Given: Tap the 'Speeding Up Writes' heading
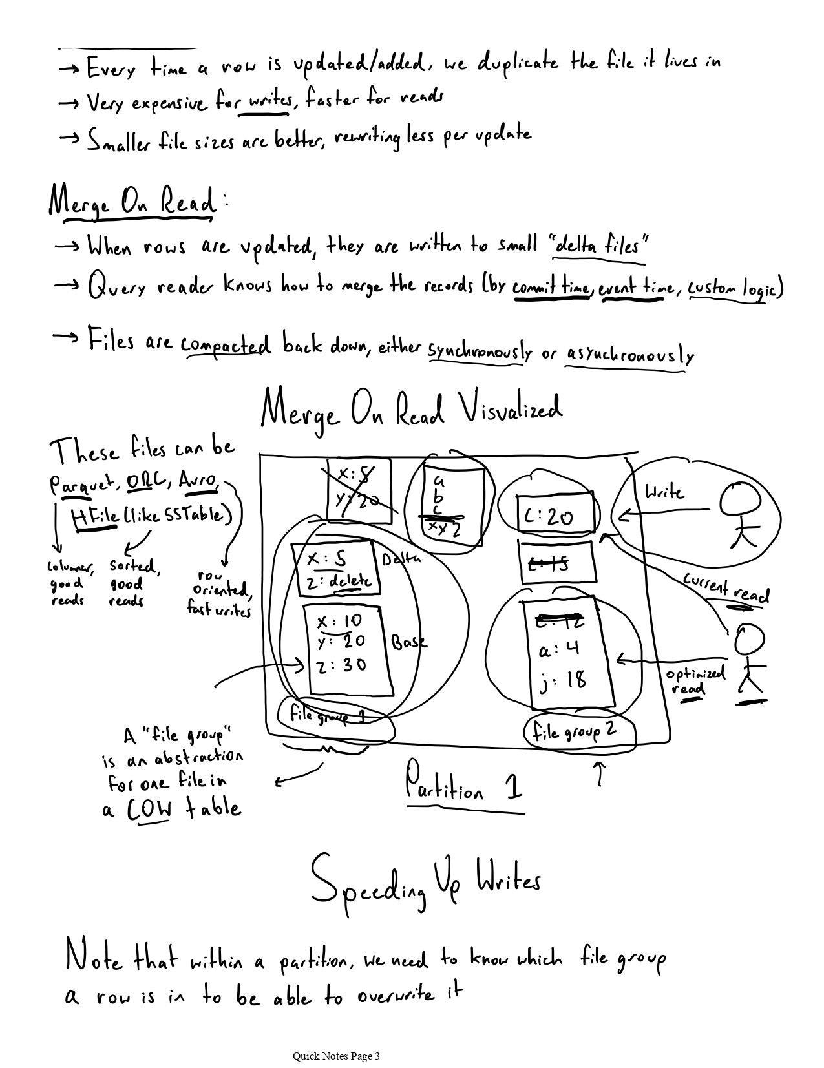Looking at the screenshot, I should pyautogui.click(x=425, y=883).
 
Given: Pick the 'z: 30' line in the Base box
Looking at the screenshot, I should pyautogui.click(x=343, y=665).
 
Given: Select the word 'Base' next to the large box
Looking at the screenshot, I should pyautogui.click(x=408, y=642).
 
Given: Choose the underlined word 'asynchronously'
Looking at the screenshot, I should pyautogui.click(x=629, y=354).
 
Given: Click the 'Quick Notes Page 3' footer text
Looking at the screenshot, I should pyautogui.click(x=336, y=1056).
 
